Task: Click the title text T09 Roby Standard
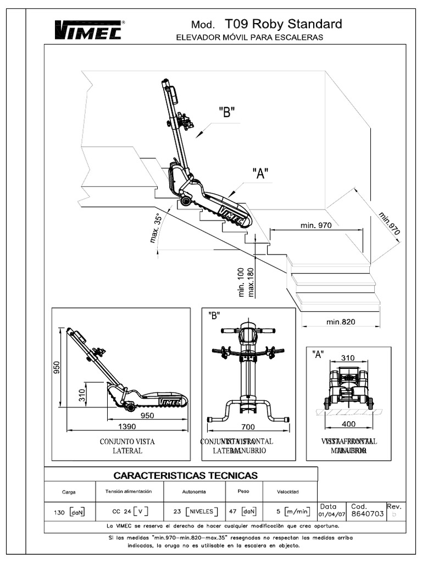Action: tap(283, 24)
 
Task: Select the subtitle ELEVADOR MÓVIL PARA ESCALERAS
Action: tap(249, 37)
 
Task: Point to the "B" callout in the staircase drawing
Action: tap(226, 113)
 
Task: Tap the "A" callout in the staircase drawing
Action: tap(260, 174)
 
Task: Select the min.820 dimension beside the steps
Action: tap(341, 322)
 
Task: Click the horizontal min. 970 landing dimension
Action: tap(317, 225)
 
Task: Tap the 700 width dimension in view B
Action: tap(248, 426)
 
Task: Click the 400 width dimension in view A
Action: tap(348, 424)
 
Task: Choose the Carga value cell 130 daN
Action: tap(69, 512)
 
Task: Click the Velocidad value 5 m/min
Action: tap(293, 511)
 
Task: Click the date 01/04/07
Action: tap(331, 515)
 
